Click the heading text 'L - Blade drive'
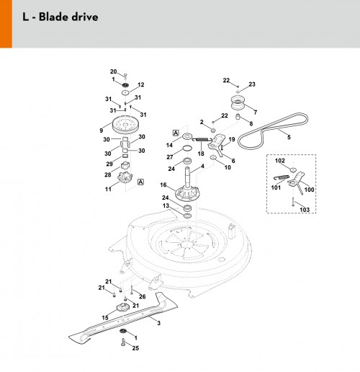[x=60, y=17]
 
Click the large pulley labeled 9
[x=125, y=125]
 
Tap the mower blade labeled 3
[x=123, y=319]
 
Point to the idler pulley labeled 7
[x=238, y=103]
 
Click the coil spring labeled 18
[x=204, y=139]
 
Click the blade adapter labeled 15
[x=122, y=307]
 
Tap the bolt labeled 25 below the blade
[x=123, y=342]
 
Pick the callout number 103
[x=305, y=210]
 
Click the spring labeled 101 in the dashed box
[x=282, y=177]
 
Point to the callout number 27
[x=170, y=157]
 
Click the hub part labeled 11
[x=125, y=178]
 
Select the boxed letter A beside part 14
[x=176, y=133]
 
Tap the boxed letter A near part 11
[x=140, y=182]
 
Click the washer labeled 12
[x=125, y=92]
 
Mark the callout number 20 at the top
[x=113, y=71]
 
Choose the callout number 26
[x=143, y=296]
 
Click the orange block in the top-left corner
[x=6, y=24]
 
